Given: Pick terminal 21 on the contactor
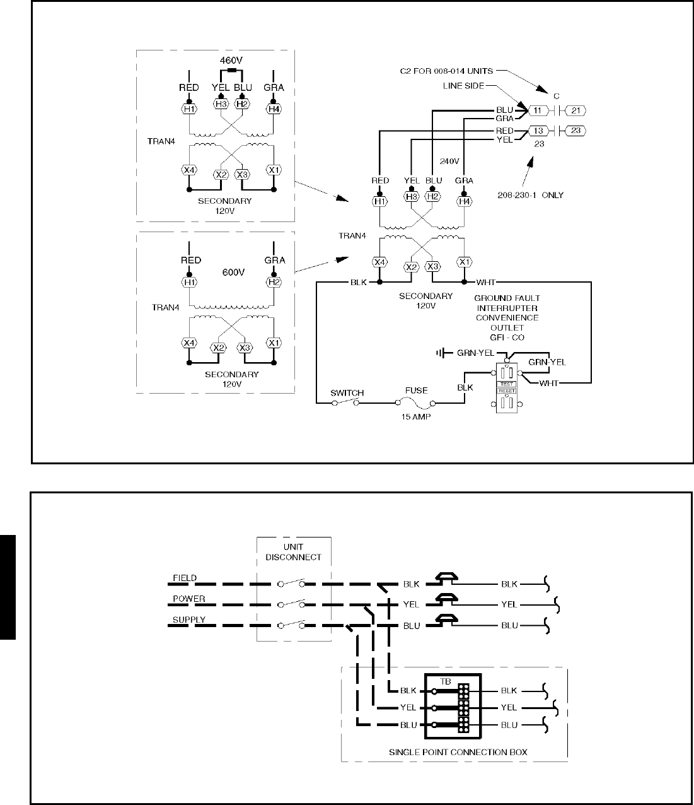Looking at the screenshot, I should (575, 110).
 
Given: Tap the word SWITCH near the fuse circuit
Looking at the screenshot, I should (347, 393).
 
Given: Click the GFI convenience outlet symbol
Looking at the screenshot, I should (507, 387).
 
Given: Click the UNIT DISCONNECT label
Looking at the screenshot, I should (294, 552).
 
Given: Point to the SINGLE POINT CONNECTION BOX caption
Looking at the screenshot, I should (458, 752).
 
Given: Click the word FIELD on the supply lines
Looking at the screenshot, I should (185, 578).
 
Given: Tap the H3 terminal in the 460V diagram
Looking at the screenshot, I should (221, 109).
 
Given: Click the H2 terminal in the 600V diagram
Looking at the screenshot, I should (274, 282).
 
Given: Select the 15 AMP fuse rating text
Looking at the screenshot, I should (416, 417).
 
